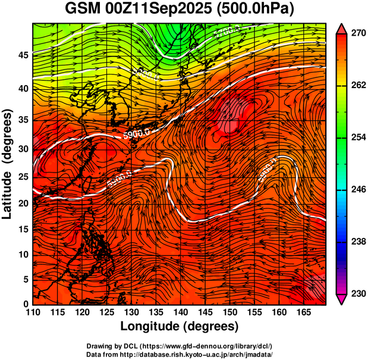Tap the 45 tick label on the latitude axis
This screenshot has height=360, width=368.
coord(23,55)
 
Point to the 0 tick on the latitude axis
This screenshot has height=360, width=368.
coord(25,304)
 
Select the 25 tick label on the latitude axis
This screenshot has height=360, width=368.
coord(23,177)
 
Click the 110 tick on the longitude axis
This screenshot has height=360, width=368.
coord(33,312)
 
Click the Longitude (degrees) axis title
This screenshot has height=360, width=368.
coord(180,326)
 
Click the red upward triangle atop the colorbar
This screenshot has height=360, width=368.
coord(342,29)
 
